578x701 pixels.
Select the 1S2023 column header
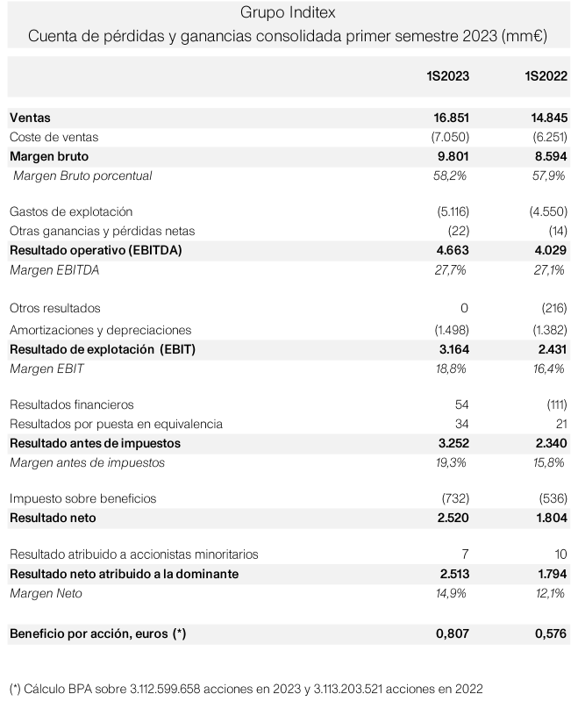click(447, 77)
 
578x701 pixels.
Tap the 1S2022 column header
click(546, 77)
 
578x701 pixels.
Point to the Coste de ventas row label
click(54, 137)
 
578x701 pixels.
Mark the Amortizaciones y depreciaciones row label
click(100, 330)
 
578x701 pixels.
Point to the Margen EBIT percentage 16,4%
click(549, 368)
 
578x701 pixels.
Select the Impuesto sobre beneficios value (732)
click(453, 498)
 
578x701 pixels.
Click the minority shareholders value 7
click(464, 554)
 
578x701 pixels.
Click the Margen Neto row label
click(46, 593)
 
